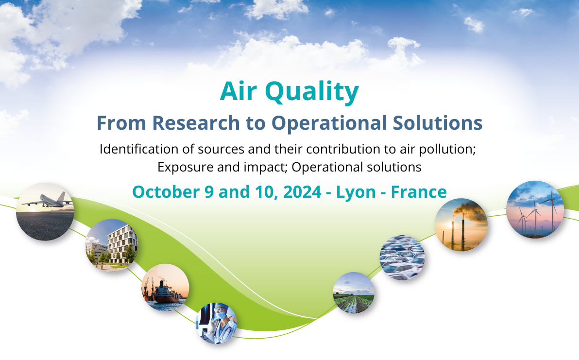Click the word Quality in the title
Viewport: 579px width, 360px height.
tap(312, 92)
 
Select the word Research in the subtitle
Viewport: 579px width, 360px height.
tap(196, 123)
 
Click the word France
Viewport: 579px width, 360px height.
tap(419, 192)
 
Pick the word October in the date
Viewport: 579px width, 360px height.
tap(166, 192)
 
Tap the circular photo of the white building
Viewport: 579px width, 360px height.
tap(112, 245)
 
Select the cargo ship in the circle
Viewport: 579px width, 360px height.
tap(165, 288)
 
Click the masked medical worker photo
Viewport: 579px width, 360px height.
tap(216, 324)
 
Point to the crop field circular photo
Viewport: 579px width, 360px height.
tap(354, 293)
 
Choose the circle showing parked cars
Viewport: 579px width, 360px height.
tap(402, 257)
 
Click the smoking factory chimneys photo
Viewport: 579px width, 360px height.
tap(461, 225)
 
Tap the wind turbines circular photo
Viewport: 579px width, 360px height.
tap(535, 209)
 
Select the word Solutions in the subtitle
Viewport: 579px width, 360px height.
tap(438, 123)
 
